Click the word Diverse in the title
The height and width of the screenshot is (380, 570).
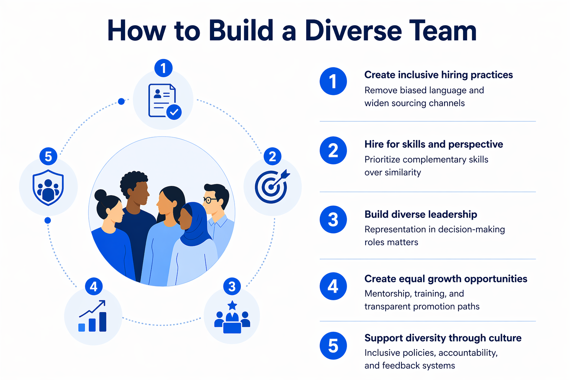[353, 30]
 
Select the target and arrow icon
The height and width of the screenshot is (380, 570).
[272, 187]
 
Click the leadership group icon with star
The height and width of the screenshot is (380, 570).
[232, 318]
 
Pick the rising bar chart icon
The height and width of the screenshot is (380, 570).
[93, 317]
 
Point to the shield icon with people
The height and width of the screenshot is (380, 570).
[48, 187]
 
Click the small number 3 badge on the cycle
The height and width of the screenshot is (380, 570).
[232, 286]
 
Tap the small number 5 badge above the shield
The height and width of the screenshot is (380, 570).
[48, 157]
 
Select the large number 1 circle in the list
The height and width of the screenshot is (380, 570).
[333, 81]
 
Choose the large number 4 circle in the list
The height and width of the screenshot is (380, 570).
[333, 286]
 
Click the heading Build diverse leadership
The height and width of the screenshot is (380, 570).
[420, 214]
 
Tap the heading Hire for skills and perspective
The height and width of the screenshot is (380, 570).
[433, 144]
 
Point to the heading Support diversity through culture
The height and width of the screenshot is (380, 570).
[443, 338]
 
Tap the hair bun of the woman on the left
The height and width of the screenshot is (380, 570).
[100, 194]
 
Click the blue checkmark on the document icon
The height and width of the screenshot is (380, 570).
[174, 112]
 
